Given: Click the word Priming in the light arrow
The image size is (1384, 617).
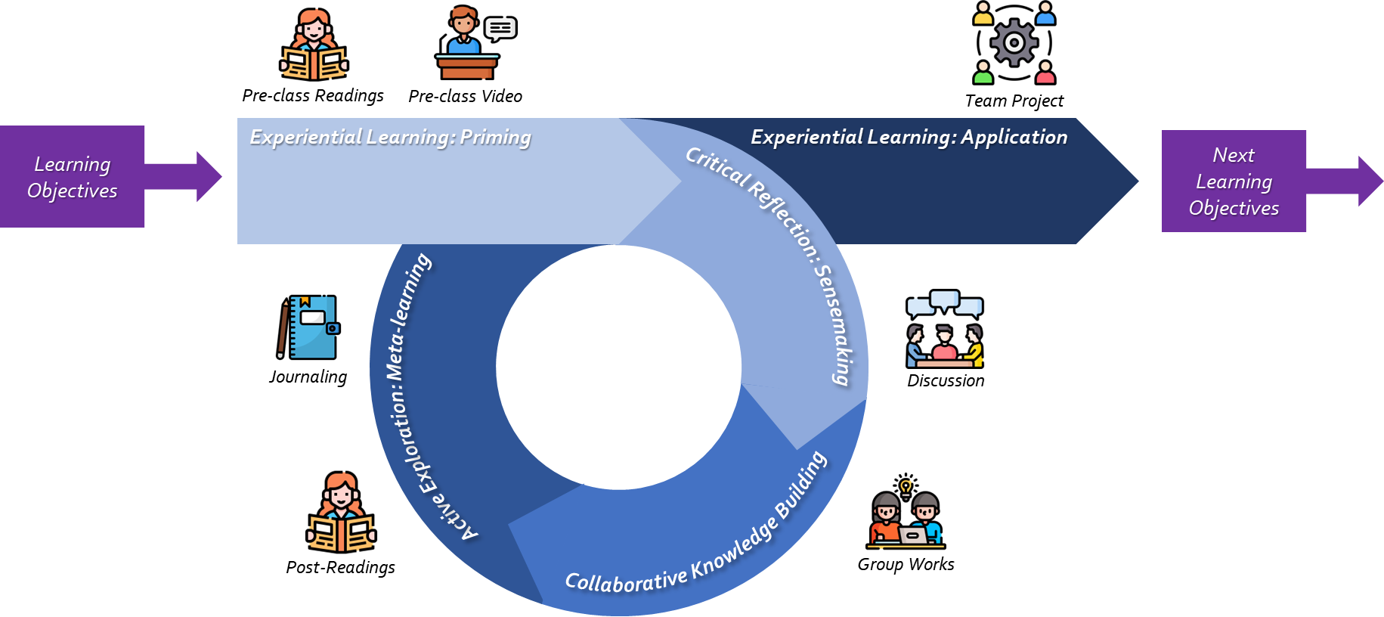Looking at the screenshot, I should coord(495,138).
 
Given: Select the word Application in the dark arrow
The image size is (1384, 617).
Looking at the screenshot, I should coord(1014,138).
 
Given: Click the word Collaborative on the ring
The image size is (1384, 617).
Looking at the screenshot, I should coord(626,580).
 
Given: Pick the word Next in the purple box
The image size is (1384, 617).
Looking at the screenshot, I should coord(1234,155).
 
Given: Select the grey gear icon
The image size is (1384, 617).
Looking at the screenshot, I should coord(1014,42).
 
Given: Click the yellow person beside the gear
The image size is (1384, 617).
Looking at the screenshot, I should coord(983,14).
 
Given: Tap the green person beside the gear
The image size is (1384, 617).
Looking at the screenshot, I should coord(983,73).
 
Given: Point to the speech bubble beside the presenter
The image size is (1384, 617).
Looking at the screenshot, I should coord(500,29).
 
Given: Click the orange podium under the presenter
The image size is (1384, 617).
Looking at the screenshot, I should coord(467,68).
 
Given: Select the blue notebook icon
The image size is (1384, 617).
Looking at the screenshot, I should coord(314,327).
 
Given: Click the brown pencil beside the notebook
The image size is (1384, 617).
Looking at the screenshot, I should coord(283,330).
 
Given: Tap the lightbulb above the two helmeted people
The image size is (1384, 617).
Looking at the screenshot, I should coord(906,486).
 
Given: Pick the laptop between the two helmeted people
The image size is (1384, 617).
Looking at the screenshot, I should coord(912,535).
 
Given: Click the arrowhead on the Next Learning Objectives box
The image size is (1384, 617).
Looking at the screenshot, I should coord(1369,181).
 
